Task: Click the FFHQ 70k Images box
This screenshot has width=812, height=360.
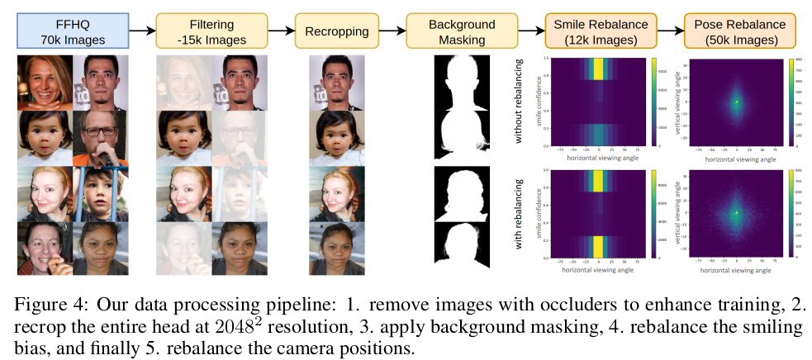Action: tap(74, 31)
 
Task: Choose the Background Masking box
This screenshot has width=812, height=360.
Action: tap(462, 31)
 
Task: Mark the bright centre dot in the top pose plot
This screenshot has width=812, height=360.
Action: tap(737, 102)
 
